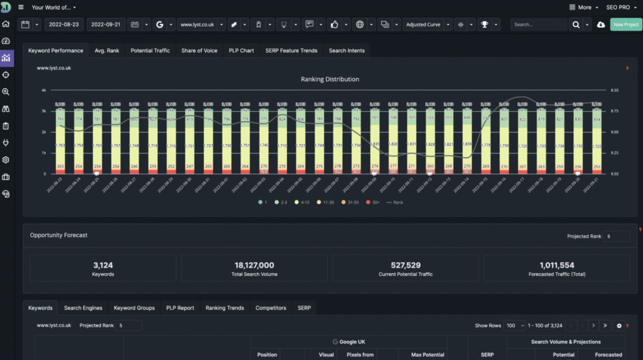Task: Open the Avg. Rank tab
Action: click(x=107, y=50)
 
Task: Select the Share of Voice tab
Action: click(x=199, y=50)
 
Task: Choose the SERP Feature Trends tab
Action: click(x=291, y=50)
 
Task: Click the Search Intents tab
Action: click(x=347, y=50)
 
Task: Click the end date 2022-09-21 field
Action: click(x=105, y=25)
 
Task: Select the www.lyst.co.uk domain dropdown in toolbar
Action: click(x=197, y=25)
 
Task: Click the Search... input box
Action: click(x=538, y=25)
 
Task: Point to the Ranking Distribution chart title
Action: click(x=330, y=79)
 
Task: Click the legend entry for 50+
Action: click(x=376, y=202)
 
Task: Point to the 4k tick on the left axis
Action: click(x=44, y=90)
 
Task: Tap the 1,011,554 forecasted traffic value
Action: click(x=556, y=265)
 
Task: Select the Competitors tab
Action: click(x=271, y=308)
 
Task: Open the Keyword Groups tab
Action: click(x=134, y=308)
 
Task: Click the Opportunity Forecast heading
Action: click(x=58, y=235)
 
